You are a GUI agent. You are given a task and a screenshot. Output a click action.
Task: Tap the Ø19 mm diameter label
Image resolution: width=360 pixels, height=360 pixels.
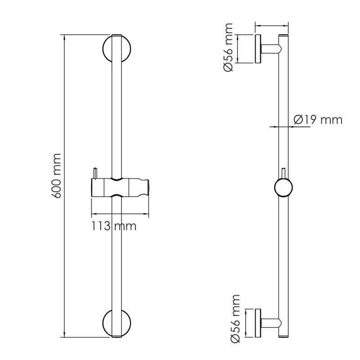[x=318, y=120]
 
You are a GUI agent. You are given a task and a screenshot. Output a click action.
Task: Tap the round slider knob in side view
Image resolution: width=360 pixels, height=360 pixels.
[x=283, y=188]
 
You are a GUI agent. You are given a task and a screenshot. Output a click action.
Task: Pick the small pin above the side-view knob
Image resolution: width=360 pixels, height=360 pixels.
[x=283, y=172]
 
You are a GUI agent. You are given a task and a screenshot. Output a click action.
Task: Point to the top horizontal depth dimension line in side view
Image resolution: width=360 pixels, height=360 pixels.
[x=272, y=26]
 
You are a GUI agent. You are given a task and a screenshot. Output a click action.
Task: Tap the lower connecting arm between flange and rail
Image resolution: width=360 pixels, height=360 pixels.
[x=270, y=323]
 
